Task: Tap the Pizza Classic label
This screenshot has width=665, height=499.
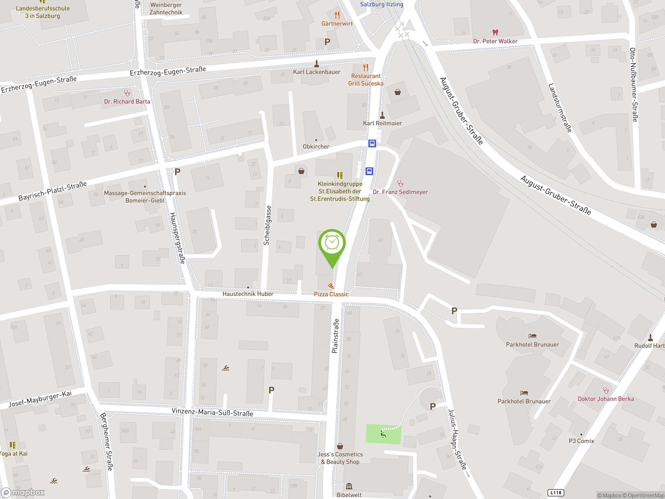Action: pos(331,294)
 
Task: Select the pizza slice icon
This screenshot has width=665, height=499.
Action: pos(331,285)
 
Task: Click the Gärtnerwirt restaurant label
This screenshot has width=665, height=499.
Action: pos(337,23)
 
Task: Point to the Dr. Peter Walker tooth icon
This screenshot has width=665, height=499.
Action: pos(495,32)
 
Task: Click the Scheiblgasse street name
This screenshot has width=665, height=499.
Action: pos(267,225)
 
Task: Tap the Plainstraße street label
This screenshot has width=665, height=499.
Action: pos(335,336)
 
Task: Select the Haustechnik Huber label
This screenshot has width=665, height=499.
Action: pos(248,294)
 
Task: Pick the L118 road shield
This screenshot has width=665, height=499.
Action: pos(556,493)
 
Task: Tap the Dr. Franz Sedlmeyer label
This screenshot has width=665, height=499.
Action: pos(400,192)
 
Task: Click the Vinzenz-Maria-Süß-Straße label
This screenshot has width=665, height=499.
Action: pos(212,412)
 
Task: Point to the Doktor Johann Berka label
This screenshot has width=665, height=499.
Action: pos(606,399)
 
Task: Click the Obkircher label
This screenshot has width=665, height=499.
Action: pos(316,147)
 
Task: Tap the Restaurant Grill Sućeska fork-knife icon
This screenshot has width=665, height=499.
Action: pos(365,67)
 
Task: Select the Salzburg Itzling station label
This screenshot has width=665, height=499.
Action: pos(382,4)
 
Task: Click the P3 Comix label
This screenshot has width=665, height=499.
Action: pos(581,441)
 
